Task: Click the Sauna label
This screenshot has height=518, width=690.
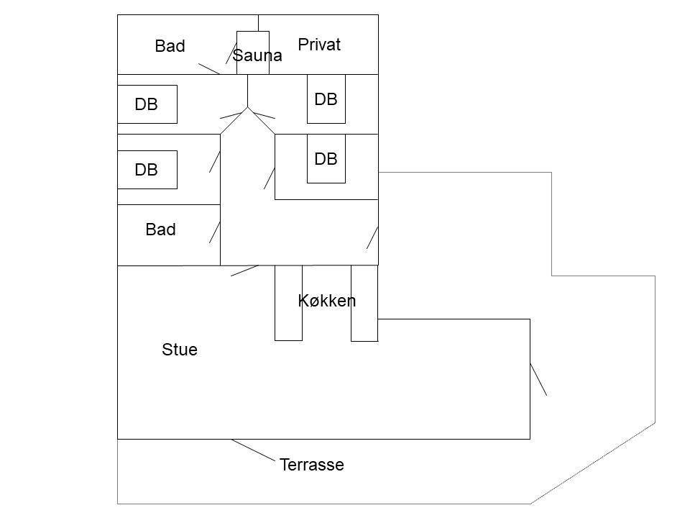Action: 257,55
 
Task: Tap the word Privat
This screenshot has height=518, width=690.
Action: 319,45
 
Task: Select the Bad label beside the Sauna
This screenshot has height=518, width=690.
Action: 170,46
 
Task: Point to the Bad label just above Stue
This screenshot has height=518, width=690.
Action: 160,230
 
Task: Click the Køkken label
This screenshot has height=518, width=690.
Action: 326,301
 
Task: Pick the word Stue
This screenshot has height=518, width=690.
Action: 180,350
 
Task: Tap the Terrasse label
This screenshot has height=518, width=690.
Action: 311,465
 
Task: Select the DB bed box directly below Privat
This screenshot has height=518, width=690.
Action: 326,99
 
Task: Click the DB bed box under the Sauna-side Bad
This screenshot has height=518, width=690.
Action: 147,104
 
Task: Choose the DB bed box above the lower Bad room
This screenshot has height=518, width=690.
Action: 147,170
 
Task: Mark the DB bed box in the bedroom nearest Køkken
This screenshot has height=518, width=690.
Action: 326,158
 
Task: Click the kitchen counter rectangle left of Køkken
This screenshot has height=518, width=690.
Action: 289,303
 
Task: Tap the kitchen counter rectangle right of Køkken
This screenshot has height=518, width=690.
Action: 364,303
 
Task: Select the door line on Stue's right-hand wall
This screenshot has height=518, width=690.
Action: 538,379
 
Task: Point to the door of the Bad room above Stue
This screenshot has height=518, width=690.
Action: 215,232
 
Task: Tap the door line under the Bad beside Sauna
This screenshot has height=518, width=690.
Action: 209,69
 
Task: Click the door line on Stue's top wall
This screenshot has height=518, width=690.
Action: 244,271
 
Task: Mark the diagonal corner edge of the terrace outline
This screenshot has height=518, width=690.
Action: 593,463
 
